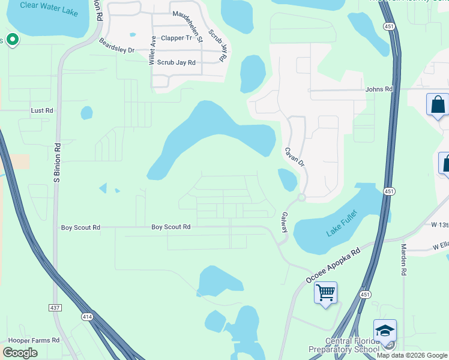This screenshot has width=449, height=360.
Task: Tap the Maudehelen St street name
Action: [x=188, y=26]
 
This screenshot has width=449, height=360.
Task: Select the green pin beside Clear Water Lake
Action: [x=13, y=40]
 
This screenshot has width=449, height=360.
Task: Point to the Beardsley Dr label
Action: [x=116, y=46]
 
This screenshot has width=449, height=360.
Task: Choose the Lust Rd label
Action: [x=42, y=110]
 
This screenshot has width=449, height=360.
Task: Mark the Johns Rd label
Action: [x=379, y=89]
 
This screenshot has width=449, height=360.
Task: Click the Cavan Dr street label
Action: [x=295, y=158]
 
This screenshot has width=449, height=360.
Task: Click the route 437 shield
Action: [x=54, y=307]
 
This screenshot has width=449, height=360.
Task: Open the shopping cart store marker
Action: [x=325, y=293]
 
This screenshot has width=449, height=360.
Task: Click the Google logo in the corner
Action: [x=20, y=353]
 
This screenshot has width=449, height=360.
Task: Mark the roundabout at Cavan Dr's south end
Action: [x=301, y=197]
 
